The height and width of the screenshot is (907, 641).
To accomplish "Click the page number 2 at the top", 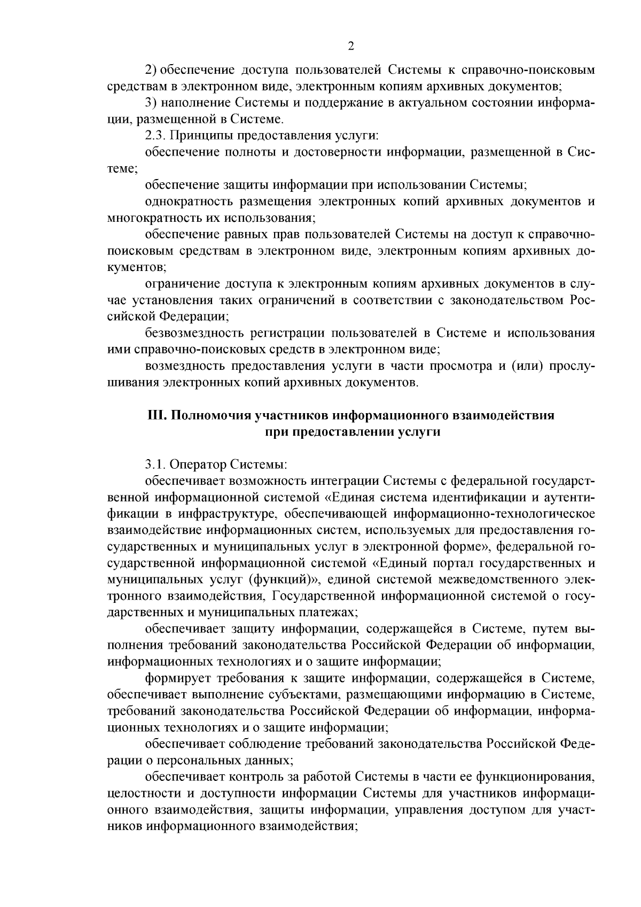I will pyautogui.click(x=351, y=46).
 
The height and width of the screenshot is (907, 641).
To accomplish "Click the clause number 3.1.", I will pyautogui.click(x=154, y=464).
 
